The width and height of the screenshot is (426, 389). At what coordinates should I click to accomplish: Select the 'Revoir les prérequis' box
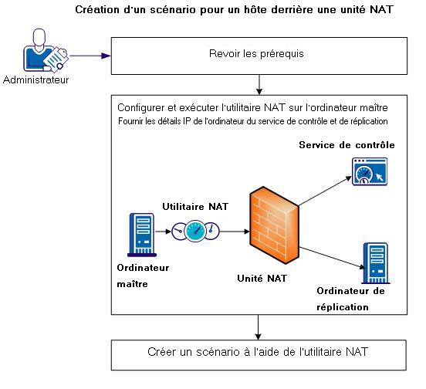click(255, 55)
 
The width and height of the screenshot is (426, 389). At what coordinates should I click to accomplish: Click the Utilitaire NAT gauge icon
click(195, 229)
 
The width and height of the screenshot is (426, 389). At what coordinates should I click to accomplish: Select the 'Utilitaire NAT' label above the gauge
click(194, 207)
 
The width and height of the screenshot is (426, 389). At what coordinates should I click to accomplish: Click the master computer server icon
click(140, 233)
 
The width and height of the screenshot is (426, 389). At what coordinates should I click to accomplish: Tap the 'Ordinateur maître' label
click(143, 276)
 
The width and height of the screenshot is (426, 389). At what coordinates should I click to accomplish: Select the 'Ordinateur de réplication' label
click(351, 298)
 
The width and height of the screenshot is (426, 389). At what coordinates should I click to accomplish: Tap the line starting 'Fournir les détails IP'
click(252, 121)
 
